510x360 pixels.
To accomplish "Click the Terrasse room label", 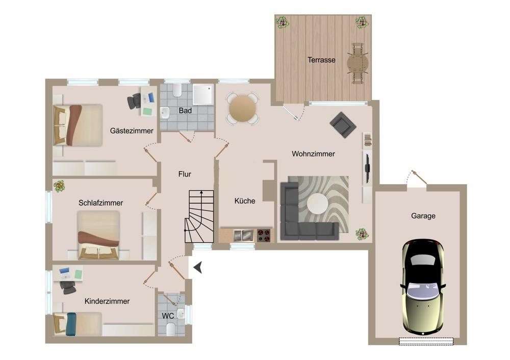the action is (321, 60).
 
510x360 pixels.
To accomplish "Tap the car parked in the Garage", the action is (423, 288).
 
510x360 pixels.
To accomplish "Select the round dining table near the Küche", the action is (242, 109).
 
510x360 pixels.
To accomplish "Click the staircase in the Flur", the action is (199, 216).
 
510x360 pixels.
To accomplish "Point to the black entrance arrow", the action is (198, 267).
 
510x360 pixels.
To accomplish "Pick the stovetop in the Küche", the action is (264, 235).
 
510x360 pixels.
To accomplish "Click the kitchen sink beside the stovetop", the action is (243, 235).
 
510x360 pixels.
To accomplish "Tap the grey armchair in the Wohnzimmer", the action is (343, 125).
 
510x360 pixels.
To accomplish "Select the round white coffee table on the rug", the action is (318, 204).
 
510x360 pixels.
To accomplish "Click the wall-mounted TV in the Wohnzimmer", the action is (367, 168).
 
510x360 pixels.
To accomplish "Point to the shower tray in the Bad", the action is (203, 95).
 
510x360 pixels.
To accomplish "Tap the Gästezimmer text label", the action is (132, 131).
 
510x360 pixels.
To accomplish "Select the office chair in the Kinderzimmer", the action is (67, 287).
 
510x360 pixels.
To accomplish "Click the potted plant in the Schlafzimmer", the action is (59, 186).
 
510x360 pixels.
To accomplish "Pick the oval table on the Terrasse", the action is (358, 63).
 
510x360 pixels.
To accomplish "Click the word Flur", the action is (185, 174).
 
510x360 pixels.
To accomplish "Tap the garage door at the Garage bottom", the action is (426, 341).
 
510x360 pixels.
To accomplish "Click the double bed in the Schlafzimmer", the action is (98, 235).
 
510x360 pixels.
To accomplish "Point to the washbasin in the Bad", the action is (165, 113).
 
